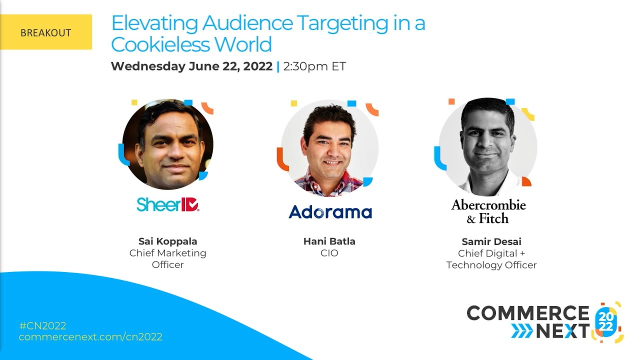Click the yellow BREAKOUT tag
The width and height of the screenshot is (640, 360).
click(45, 32)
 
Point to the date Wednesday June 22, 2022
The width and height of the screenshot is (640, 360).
click(191, 66)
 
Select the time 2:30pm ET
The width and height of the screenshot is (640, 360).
click(314, 66)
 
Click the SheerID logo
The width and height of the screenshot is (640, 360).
click(168, 204)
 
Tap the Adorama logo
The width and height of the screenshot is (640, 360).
click(330, 211)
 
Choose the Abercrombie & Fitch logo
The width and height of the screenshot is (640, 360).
click(488, 211)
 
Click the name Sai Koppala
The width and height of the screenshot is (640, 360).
click(168, 241)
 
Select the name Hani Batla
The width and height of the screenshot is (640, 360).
click(329, 241)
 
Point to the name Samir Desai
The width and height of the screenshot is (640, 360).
click(491, 242)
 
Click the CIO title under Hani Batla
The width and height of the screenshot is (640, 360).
click(329, 253)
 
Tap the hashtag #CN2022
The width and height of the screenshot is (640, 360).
click(42, 325)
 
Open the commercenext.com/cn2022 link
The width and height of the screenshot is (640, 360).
click(90, 337)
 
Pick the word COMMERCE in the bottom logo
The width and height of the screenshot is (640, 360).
click(528, 313)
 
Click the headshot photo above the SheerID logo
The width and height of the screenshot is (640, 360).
click(168, 144)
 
